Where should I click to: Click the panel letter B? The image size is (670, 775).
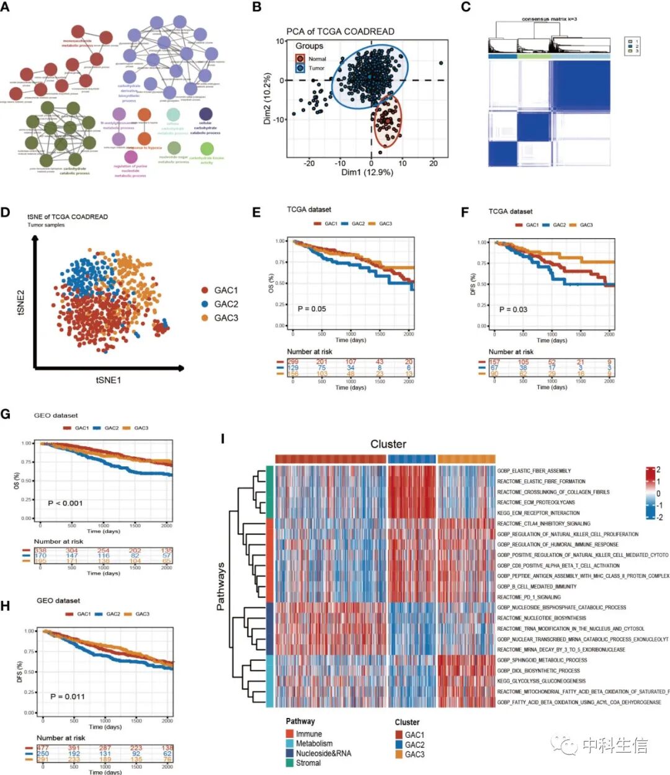[x=256, y=7]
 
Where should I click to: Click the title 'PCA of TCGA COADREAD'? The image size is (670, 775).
[x=340, y=32]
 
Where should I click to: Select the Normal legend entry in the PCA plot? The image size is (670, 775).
[x=316, y=59]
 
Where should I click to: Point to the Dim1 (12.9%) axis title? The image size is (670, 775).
[x=367, y=172]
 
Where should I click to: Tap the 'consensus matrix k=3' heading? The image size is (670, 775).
[x=549, y=19]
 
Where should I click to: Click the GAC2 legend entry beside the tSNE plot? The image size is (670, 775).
[x=226, y=304]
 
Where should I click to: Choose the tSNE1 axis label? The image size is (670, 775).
[x=108, y=379]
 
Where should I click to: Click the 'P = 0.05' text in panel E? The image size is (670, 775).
[x=311, y=309]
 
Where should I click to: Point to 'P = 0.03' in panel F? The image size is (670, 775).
[x=513, y=309]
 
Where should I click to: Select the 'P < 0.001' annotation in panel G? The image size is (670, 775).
[x=65, y=503]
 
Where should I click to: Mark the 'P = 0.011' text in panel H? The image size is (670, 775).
[x=67, y=696]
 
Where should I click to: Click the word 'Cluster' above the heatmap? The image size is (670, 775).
[x=388, y=444]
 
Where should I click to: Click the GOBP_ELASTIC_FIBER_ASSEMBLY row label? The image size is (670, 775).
[x=534, y=471]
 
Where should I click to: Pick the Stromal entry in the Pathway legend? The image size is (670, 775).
[x=308, y=763]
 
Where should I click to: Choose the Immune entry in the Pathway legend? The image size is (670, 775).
[x=308, y=733]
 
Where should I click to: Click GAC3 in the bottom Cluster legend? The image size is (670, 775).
[x=414, y=754]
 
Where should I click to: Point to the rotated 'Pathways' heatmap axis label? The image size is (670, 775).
[x=220, y=587]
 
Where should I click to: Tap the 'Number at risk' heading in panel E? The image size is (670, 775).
[x=310, y=352]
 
